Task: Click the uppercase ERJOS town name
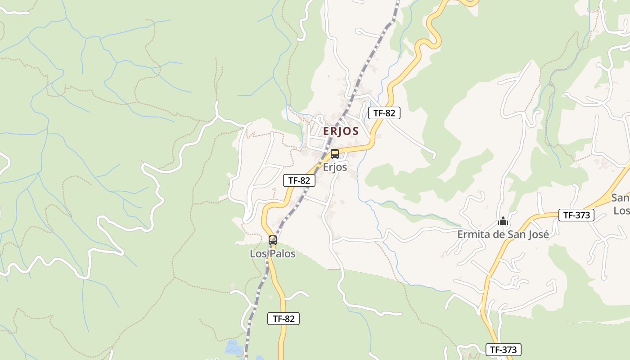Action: coord(341,131)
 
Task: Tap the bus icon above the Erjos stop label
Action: coord(334,154)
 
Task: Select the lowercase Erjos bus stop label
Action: coord(335,167)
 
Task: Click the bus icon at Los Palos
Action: coord(273,240)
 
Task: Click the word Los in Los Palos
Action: coord(258,254)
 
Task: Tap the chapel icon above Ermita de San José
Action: coord(503,221)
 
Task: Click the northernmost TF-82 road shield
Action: coord(384,113)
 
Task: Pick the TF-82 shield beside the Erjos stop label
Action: coord(299,181)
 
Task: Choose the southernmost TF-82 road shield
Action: coord(283,319)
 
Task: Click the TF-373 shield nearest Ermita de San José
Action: coord(576,215)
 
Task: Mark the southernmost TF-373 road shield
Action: coord(504,350)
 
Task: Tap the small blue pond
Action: coord(233,348)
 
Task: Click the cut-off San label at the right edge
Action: coord(621,198)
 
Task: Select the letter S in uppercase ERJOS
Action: coord(355,131)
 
